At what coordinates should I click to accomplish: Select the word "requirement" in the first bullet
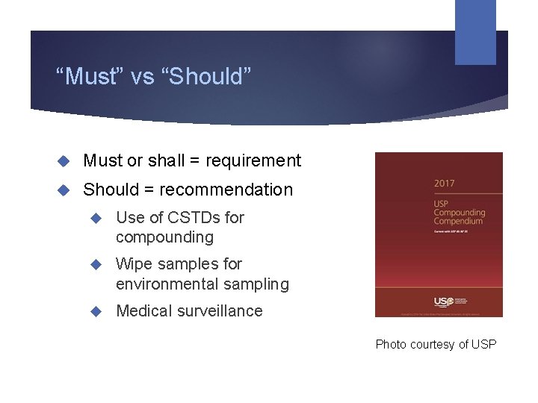(x=253, y=160)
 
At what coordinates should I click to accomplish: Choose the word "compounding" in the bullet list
(x=164, y=237)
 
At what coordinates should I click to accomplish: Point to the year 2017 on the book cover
(x=445, y=184)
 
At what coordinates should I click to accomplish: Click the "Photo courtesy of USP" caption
(x=436, y=344)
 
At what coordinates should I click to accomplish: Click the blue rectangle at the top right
(x=475, y=32)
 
